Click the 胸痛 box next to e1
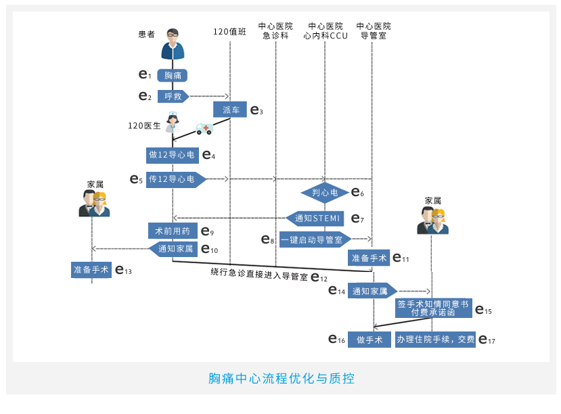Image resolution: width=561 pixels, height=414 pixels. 173,75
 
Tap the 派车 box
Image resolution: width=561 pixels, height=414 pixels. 231,110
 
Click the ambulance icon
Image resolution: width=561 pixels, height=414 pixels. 204,129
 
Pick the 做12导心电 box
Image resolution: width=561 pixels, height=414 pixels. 172,155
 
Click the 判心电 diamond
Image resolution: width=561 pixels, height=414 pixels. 324,193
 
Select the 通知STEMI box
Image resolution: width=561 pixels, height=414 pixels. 315,218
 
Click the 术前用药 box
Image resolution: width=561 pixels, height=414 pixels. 173,231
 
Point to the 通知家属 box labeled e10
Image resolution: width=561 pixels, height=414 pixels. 174,249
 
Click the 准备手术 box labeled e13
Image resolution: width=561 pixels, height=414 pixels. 91,269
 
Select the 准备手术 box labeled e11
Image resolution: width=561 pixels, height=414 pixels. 369,258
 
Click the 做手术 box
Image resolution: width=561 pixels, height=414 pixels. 369,339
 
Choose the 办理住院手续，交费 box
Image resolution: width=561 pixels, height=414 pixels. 435,339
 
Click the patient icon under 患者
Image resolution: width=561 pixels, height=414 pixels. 173,45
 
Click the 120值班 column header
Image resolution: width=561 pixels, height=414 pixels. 230,32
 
